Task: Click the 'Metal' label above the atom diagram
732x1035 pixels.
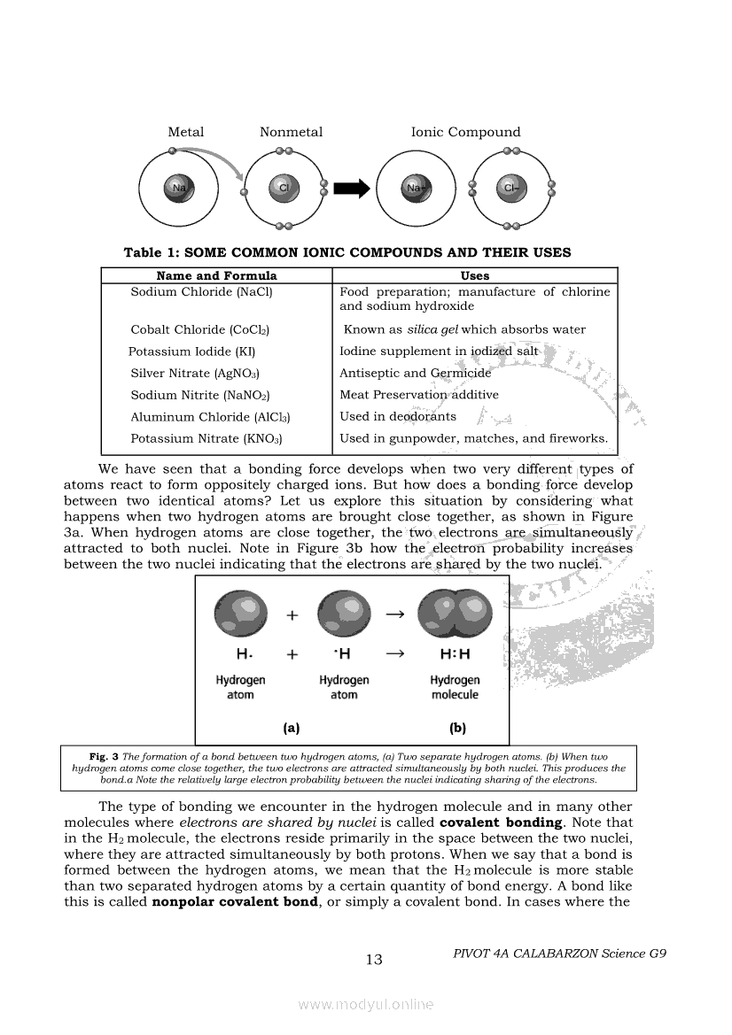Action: (x=186, y=132)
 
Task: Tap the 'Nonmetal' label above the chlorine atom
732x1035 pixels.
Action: (x=291, y=132)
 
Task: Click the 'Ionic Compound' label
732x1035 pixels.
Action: (x=465, y=132)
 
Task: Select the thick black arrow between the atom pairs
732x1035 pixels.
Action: (x=353, y=188)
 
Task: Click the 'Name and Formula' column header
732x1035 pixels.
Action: (x=216, y=275)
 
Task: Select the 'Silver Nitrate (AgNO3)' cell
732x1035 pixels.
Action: (x=195, y=374)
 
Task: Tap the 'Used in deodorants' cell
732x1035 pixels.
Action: (x=398, y=416)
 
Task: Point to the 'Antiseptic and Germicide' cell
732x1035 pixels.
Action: (x=415, y=373)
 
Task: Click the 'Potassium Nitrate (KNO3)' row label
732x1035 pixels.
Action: (x=206, y=438)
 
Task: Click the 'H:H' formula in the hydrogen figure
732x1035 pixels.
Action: (x=455, y=654)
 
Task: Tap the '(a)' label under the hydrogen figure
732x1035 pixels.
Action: (x=291, y=729)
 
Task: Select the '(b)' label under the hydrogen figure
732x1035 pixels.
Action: (x=457, y=729)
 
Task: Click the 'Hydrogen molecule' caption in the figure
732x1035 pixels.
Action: (x=455, y=687)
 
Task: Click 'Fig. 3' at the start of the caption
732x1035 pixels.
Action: (x=104, y=756)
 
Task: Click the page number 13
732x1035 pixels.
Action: (x=374, y=960)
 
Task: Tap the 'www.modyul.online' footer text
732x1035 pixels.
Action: (x=366, y=1004)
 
